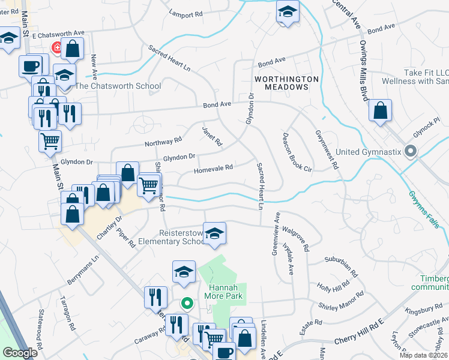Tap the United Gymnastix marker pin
pos(411,151)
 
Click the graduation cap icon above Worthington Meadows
pos(288,12)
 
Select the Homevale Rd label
pos(213,170)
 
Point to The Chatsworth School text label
pos(118,86)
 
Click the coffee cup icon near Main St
pos(31,65)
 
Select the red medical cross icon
pos(57,47)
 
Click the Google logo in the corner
pos(20,353)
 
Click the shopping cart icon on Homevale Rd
pos(149,185)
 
